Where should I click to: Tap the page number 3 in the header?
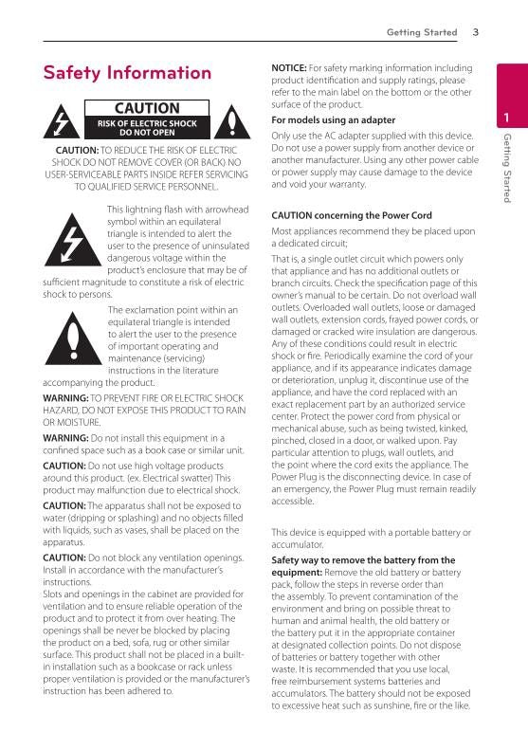click(475, 33)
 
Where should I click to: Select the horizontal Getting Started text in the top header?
click(421, 33)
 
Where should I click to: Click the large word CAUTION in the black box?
click(146, 109)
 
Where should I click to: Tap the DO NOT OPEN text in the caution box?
click(146, 133)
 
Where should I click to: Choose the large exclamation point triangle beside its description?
click(72, 339)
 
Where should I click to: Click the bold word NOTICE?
click(288, 68)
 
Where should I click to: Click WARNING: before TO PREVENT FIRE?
click(65, 398)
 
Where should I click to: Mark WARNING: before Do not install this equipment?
click(65, 438)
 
